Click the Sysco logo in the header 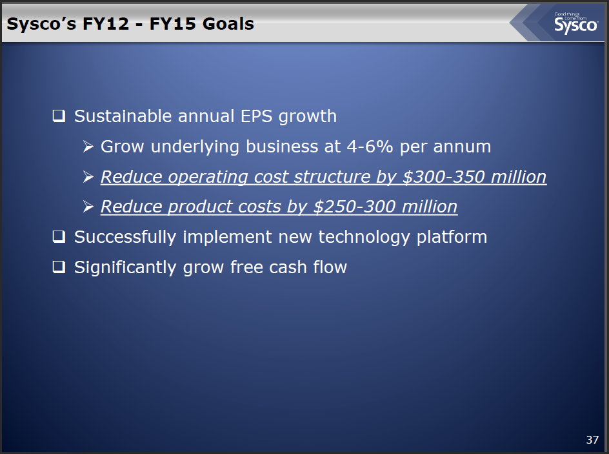[576, 23]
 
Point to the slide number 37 [592, 440]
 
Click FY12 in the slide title [106, 24]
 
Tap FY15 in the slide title [172, 24]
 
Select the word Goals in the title [228, 24]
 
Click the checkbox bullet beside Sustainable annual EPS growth [59, 116]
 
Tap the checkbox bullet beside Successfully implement [59, 236]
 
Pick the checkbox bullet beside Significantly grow [59, 267]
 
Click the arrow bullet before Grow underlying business [88, 147]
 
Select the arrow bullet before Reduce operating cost [88, 177]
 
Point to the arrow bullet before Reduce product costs [88, 207]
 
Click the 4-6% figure [370, 147]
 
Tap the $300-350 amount [444, 177]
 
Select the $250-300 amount [355, 207]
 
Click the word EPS [256, 116]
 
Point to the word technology [364, 237]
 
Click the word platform [452, 237]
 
